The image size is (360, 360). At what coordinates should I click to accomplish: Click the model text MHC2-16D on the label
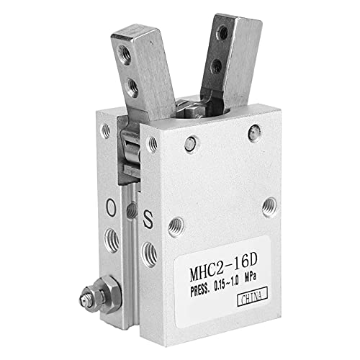[x=223, y=268]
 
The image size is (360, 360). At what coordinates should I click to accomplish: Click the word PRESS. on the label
[x=200, y=291]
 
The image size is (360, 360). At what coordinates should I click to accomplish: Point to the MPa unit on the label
[x=250, y=279]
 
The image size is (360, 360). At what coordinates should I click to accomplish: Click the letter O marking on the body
[x=111, y=207]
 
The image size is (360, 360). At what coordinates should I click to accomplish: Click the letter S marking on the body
[x=148, y=219]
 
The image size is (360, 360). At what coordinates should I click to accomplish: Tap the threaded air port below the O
[x=112, y=240]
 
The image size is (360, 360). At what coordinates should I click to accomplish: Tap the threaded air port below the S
[x=149, y=254]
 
